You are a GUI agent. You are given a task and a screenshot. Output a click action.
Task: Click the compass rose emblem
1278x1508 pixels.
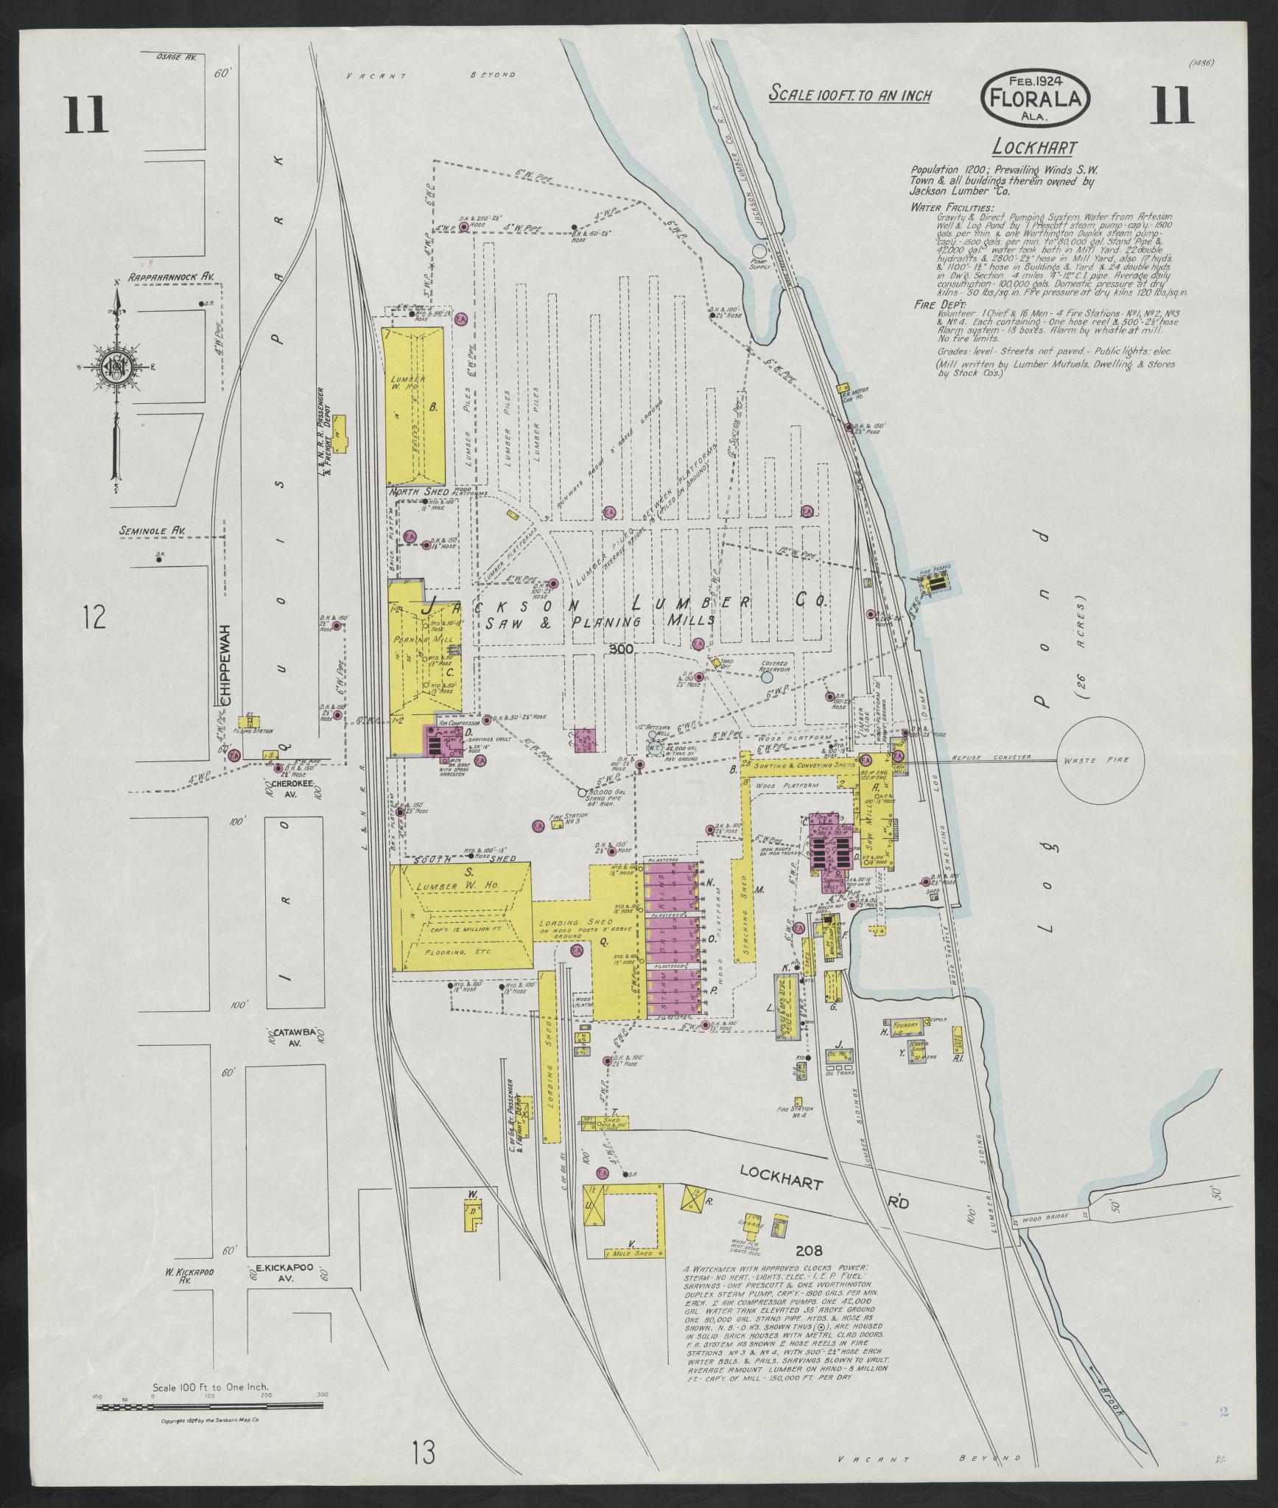116,366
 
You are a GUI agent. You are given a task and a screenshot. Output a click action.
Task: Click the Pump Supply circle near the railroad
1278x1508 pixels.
759,251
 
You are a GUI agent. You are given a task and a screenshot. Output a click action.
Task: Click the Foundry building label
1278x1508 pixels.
904,1024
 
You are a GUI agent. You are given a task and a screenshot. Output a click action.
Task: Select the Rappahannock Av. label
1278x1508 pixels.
172,277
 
